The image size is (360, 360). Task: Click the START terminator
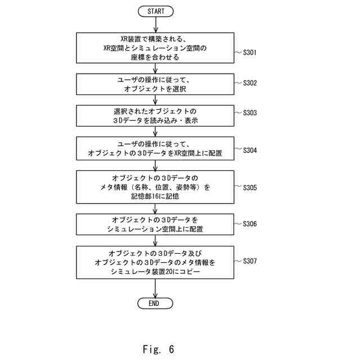point(156,11)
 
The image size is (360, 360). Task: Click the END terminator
point(156,303)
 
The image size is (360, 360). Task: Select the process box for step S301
point(156,48)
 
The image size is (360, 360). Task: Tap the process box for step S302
point(156,84)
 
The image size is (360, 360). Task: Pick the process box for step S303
point(156,116)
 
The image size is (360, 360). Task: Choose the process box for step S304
point(156,148)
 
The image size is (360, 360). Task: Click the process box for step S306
point(156,224)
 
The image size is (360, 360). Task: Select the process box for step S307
point(156,262)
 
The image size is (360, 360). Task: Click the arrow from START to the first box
point(156,25)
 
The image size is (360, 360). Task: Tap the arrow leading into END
point(156,287)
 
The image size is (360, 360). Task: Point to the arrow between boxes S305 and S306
point(156,208)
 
